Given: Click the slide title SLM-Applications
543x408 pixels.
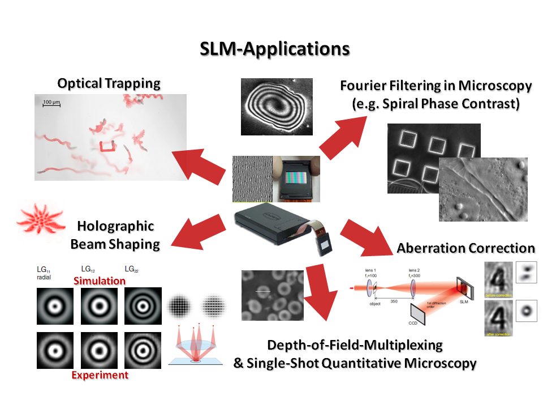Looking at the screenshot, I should coord(274,49).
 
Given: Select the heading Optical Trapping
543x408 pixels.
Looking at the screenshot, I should coord(109,83).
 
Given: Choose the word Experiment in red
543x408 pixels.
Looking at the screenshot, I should coord(100,375).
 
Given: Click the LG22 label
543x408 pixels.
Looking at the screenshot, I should coord(132,270).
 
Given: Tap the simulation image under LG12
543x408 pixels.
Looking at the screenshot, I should coord(98,307).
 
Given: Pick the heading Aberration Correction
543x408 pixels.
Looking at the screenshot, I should coord(466,248).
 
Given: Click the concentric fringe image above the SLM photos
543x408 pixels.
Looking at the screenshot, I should coord(277,107).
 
